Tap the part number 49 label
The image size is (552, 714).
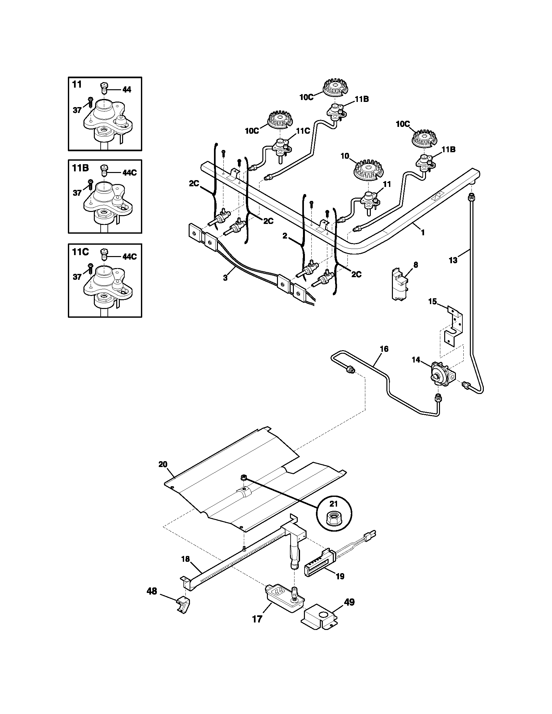(x=350, y=602)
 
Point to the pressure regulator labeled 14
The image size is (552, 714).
(x=440, y=373)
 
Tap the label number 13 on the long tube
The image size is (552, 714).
(x=453, y=261)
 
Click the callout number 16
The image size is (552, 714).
(x=384, y=349)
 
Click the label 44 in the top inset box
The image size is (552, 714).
(x=126, y=90)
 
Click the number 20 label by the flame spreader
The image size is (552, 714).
(x=163, y=464)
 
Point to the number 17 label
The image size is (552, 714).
(x=257, y=619)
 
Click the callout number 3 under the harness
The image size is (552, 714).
(x=225, y=277)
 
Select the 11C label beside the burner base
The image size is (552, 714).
(x=303, y=131)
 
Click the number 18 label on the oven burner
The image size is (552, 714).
(x=185, y=559)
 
